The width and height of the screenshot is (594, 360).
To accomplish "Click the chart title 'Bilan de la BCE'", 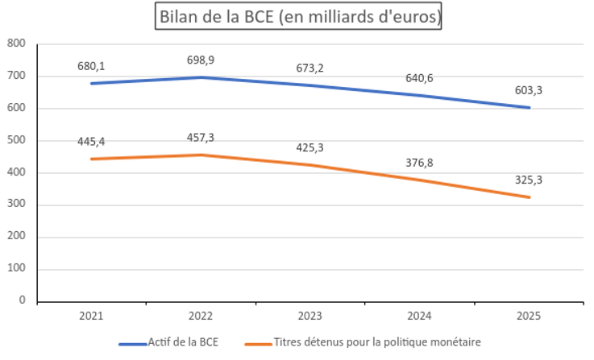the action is (297, 17).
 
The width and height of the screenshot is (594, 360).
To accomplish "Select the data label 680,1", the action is (91, 66).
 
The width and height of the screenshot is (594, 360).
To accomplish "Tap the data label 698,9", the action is (201, 60).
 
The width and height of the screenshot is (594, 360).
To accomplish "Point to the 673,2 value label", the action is (309, 68).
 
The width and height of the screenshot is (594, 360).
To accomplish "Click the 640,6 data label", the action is (419, 78).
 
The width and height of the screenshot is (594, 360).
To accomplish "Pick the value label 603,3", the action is (529, 90).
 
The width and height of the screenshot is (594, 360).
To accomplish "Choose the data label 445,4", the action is (91, 142).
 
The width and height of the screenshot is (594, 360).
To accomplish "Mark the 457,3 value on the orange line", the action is (201, 138).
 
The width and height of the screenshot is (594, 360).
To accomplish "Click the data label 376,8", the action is (419, 163).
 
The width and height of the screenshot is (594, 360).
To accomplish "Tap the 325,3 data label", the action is (529, 180).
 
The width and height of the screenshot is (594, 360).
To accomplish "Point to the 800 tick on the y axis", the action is (16, 43).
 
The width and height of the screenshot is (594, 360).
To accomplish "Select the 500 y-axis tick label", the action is (16, 140).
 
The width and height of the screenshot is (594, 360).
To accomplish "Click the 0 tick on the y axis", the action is (22, 300).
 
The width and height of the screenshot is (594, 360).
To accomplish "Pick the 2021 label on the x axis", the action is (91, 316).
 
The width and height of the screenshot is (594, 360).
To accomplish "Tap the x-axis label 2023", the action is (309, 316).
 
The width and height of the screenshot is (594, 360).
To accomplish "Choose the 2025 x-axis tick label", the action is (529, 316).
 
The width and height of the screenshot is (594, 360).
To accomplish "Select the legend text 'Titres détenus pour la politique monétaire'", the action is (377, 342).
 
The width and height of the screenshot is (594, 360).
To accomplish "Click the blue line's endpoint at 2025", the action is (529, 108).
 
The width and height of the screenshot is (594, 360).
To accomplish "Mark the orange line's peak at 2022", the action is (201, 155).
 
